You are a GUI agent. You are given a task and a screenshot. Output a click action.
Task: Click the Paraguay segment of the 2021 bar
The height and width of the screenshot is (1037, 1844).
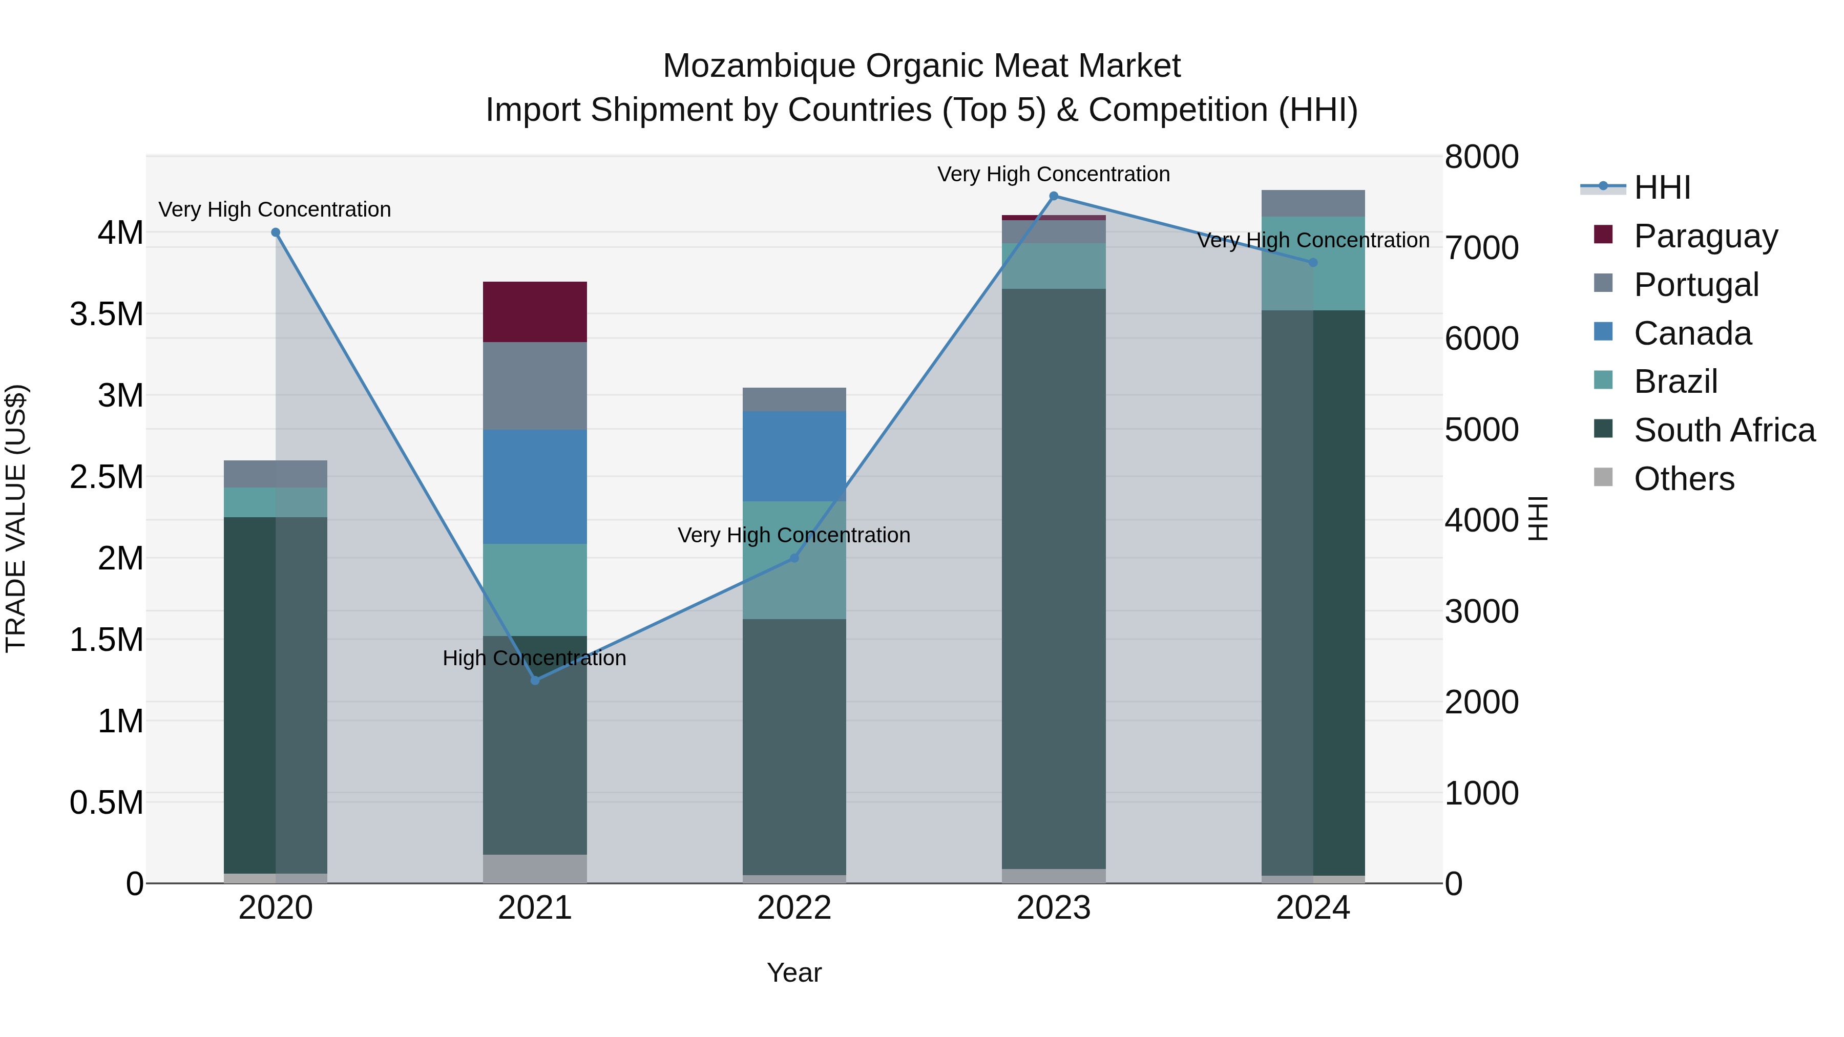[535, 311]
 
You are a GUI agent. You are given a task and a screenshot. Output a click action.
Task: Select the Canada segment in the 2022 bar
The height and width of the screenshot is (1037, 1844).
[794, 456]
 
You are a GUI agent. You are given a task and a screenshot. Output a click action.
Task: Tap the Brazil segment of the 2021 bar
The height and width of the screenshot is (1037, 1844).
[535, 589]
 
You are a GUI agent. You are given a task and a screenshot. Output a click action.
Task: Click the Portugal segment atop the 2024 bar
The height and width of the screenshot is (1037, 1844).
[1312, 203]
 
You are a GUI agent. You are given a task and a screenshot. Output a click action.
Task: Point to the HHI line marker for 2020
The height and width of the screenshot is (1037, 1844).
[276, 232]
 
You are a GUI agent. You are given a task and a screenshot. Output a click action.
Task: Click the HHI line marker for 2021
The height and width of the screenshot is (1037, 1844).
[535, 680]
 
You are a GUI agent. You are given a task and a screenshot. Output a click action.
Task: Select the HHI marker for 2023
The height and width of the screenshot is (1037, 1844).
[1053, 196]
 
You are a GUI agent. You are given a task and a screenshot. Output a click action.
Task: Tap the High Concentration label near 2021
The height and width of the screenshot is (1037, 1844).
[534, 658]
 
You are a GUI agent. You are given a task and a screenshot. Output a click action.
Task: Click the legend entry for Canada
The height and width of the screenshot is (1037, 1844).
[1692, 333]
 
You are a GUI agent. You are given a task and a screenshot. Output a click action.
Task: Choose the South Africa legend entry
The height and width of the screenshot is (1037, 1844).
[1724, 430]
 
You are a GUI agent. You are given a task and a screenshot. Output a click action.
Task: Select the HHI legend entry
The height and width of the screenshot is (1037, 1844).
[1662, 187]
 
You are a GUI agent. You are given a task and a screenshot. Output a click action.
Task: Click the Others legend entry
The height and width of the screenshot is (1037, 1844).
[1684, 479]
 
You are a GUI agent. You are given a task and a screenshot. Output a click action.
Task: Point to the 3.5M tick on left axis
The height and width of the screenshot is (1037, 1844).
[107, 314]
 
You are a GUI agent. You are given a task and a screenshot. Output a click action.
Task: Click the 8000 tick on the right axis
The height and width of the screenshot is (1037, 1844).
[1481, 157]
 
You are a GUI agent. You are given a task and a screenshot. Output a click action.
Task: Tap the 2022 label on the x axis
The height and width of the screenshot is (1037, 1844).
[794, 908]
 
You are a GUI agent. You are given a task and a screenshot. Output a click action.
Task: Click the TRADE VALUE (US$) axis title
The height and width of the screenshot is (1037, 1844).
[16, 518]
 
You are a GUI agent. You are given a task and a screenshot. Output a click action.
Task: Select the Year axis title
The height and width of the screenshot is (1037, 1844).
[794, 972]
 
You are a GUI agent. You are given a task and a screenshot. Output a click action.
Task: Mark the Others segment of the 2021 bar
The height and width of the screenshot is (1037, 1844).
[535, 868]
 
